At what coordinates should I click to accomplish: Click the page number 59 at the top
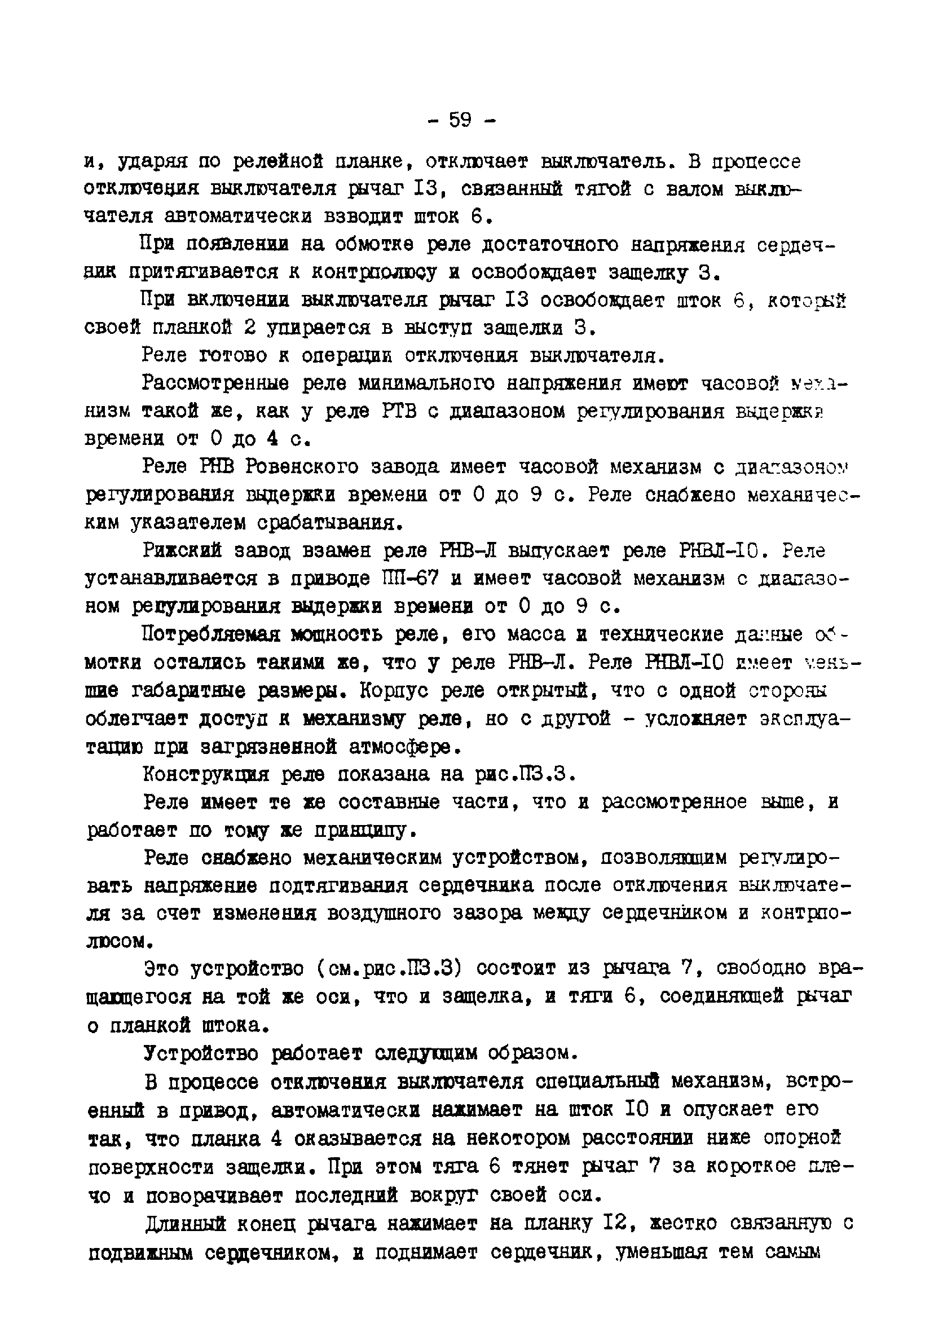pyautogui.click(x=460, y=120)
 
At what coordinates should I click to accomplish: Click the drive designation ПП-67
pyautogui.click(x=408, y=579)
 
